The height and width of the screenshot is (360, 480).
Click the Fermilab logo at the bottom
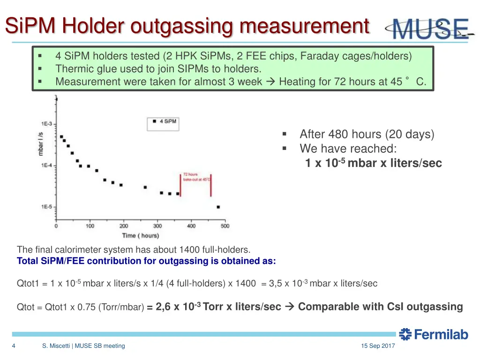[434, 334]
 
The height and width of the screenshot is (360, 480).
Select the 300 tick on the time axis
[157, 226]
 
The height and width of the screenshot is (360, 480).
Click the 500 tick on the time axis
[225, 226]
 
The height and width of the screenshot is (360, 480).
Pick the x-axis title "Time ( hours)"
[140, 235]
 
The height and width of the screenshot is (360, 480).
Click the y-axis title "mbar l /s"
[41, 143]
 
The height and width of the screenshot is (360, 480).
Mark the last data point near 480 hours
[218, 207]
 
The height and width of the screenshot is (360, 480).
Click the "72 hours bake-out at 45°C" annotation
[196, 177]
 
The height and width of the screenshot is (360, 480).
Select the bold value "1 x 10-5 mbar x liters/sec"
[373, 163]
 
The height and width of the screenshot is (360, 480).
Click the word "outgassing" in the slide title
[180, 26]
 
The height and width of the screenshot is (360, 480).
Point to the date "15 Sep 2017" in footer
[378, 346]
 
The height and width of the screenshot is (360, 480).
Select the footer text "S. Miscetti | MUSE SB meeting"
[83, 346]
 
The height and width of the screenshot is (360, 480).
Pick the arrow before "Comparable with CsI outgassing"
[289, 307]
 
